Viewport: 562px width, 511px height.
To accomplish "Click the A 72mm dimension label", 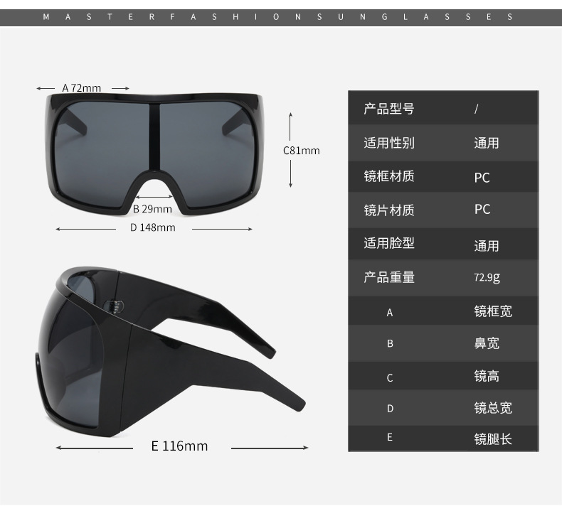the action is click(81, 88).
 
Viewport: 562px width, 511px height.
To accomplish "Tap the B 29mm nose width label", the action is click(152, 209).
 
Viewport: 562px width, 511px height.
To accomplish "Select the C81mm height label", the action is click(302, 150).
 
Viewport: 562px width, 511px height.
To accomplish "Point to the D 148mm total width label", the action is click(152, 228).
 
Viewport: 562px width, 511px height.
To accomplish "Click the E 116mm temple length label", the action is click(179, 446).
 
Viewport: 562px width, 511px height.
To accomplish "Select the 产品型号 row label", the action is click(388, 109).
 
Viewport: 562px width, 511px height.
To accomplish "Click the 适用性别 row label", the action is click(388, 143).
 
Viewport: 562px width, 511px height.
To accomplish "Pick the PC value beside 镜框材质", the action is click(482, 177).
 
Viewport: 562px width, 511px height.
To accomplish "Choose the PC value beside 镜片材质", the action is click(482, 210).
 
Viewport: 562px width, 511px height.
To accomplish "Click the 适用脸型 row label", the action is click(388, 243).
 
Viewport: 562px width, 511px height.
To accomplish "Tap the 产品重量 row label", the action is click(388, 277).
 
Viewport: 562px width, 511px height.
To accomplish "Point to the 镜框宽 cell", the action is click(493, 311).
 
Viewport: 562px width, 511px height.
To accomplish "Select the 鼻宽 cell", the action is click(487, 343).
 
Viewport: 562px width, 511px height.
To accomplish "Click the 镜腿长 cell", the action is click(493, 439).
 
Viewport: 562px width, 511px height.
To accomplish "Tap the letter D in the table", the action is click(390, 409).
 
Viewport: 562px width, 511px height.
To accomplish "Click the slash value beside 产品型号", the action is click(476, 109).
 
